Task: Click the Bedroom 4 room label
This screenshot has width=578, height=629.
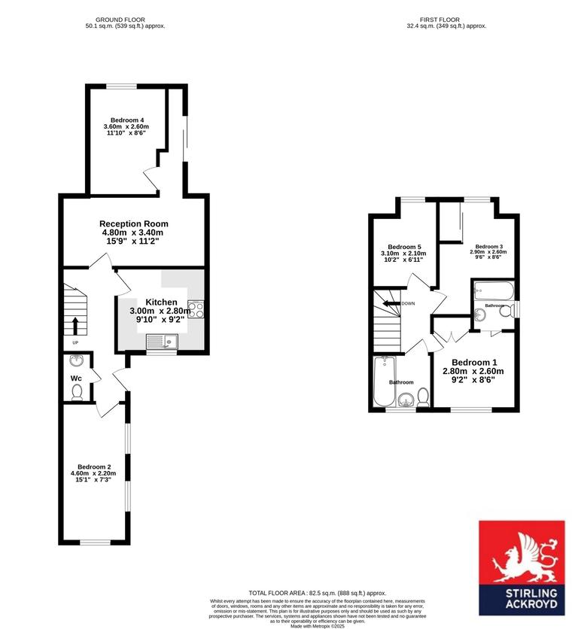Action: pyautogui.click(x=126, y=120)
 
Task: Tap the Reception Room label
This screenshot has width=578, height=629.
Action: pyautogui.click(x=134, y=223)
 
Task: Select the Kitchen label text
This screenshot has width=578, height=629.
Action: pyautogui.click(x=162, y=302)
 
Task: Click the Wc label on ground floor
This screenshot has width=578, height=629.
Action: pyautogui.click(x=76, y=378)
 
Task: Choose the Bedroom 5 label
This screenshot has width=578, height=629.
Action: pyautogui.click(x=403, y=247)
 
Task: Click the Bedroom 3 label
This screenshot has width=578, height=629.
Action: pyautogui.click(x=488, y=246)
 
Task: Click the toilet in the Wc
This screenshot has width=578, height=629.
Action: pyautogui.click(x=76, y=392)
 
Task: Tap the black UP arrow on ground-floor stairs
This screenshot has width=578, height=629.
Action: pyautogui.click(x=75, y=324)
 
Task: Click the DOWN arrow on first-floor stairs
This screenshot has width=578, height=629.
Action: pyautogui.click(x=391, y=304)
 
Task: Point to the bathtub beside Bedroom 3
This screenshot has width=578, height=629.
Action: pyautogui.click(x=494, y=291)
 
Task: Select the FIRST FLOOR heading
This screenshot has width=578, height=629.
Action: pyautogui.click(x=440, y=20)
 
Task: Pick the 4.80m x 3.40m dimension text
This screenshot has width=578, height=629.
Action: pyautogui.click(x=132, y=232)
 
